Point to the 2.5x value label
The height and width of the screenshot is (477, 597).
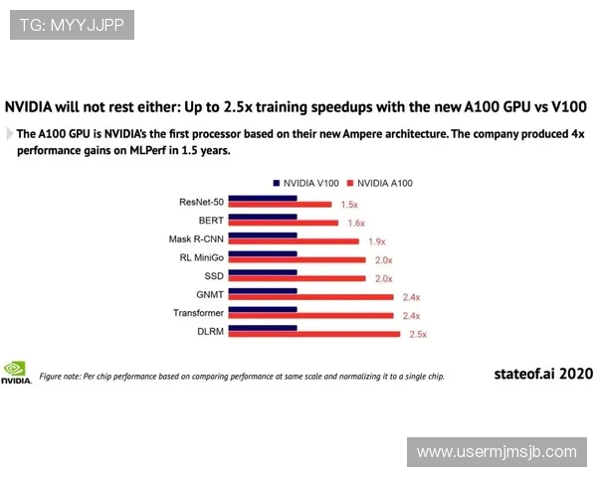tap(418, 335)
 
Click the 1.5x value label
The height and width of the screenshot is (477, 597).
tap(349, 205)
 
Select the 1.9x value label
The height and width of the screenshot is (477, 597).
tap(376, 241)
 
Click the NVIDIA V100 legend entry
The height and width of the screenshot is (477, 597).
tap(305, 183)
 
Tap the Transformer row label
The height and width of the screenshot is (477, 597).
tap(198, 313)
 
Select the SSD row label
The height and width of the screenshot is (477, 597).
tap(213, 276)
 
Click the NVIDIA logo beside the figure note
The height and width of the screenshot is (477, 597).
tap(16, 373)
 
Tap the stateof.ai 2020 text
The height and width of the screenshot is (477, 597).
tap(543, 374)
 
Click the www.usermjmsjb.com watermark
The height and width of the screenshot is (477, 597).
tap(497, 452)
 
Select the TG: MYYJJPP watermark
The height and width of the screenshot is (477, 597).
tap(72, 25)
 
